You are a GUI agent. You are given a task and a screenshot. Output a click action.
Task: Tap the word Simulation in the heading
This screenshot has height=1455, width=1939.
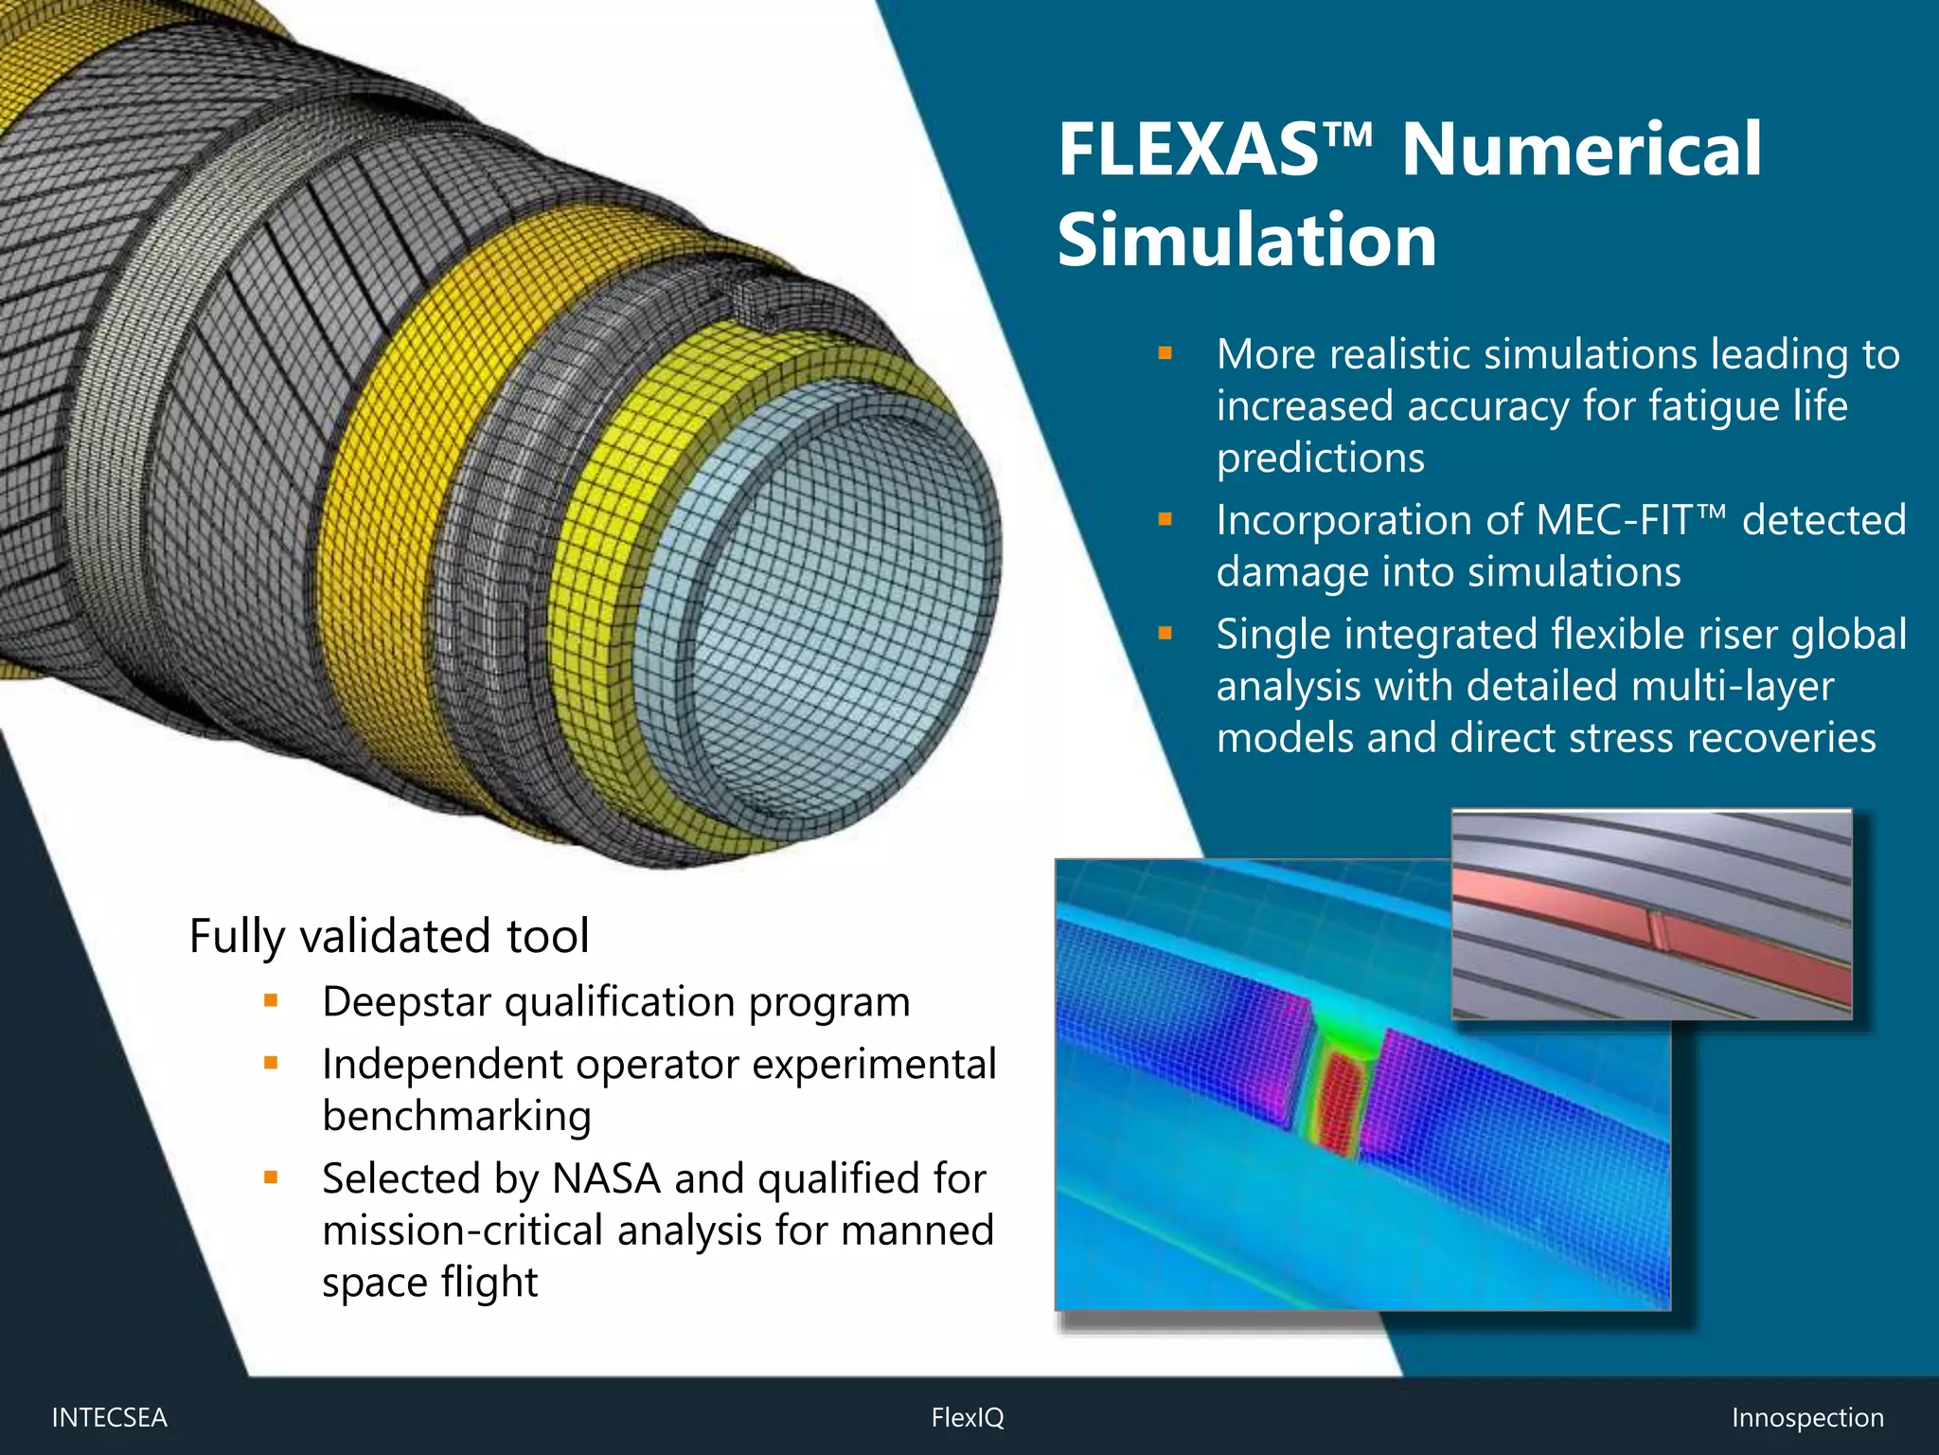pyautogui.click(x=1247, y=240)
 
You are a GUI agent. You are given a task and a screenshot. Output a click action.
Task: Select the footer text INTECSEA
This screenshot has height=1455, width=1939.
pyautogui.click(x=109, y=1417)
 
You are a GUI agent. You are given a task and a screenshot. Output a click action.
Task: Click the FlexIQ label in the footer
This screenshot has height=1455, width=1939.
pyautogui.click(x=967, y=1417)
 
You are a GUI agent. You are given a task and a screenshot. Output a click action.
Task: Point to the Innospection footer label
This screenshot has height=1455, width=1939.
pyautogui.click(x=1806, y=1417)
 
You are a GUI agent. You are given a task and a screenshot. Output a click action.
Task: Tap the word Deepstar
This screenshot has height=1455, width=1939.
pyautogui.click(x=407, y=1002)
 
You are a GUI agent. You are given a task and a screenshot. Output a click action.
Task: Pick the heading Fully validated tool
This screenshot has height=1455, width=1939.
pyautogui.click(x=389, y=936)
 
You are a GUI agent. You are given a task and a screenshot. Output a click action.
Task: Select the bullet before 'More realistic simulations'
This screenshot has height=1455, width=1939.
pyautogui.click(x=1165, y=354)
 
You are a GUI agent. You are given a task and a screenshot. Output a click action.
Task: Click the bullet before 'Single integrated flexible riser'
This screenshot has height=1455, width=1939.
pyautogui.click(x=1165, y=634)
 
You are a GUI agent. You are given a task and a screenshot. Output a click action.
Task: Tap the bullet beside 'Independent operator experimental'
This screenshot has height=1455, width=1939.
pyautogui.click(x=271, y=1063)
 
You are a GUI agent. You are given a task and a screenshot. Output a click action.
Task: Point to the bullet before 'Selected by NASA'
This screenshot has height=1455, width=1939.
pyautogui.click(x=271, y=1177)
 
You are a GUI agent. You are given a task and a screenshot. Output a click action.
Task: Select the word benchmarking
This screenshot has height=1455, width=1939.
pyautogui.click(x=456, y=1116)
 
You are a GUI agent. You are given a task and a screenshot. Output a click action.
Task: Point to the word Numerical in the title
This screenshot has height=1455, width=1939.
pyautogui.click(x=1581, y=150)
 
